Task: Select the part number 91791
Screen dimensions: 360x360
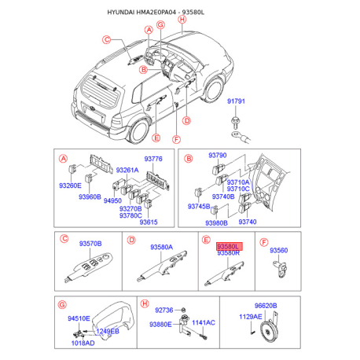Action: pos(236,101)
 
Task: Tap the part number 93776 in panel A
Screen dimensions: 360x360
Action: pos(153,159)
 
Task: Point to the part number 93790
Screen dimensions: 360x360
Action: pos(218,155)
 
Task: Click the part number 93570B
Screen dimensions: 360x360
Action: pos(90,244)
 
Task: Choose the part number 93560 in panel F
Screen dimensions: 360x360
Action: pos(279,250)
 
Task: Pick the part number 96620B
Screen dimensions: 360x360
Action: pos(266,306)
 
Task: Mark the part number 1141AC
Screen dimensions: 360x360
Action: pos(204,322)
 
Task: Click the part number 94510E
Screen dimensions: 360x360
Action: pos(79,318)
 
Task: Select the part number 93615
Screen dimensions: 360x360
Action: pos(149,222)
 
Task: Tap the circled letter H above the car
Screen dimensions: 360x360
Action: pos(182,20)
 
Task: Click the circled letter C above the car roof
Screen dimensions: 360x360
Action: pos(106,40)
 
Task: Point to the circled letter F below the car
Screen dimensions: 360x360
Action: pos(177,139)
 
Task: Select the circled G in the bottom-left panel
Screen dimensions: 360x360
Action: pos(62,305)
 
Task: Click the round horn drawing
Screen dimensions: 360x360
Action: pos(268,332)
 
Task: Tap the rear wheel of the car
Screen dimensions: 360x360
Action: pos(139,132)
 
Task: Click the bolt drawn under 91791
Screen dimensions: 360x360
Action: pos(235,122)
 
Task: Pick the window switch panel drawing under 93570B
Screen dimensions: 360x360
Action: pos(89,267)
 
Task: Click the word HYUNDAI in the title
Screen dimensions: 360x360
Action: pos(121,13)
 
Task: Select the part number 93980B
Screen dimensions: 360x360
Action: pos(216,223)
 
